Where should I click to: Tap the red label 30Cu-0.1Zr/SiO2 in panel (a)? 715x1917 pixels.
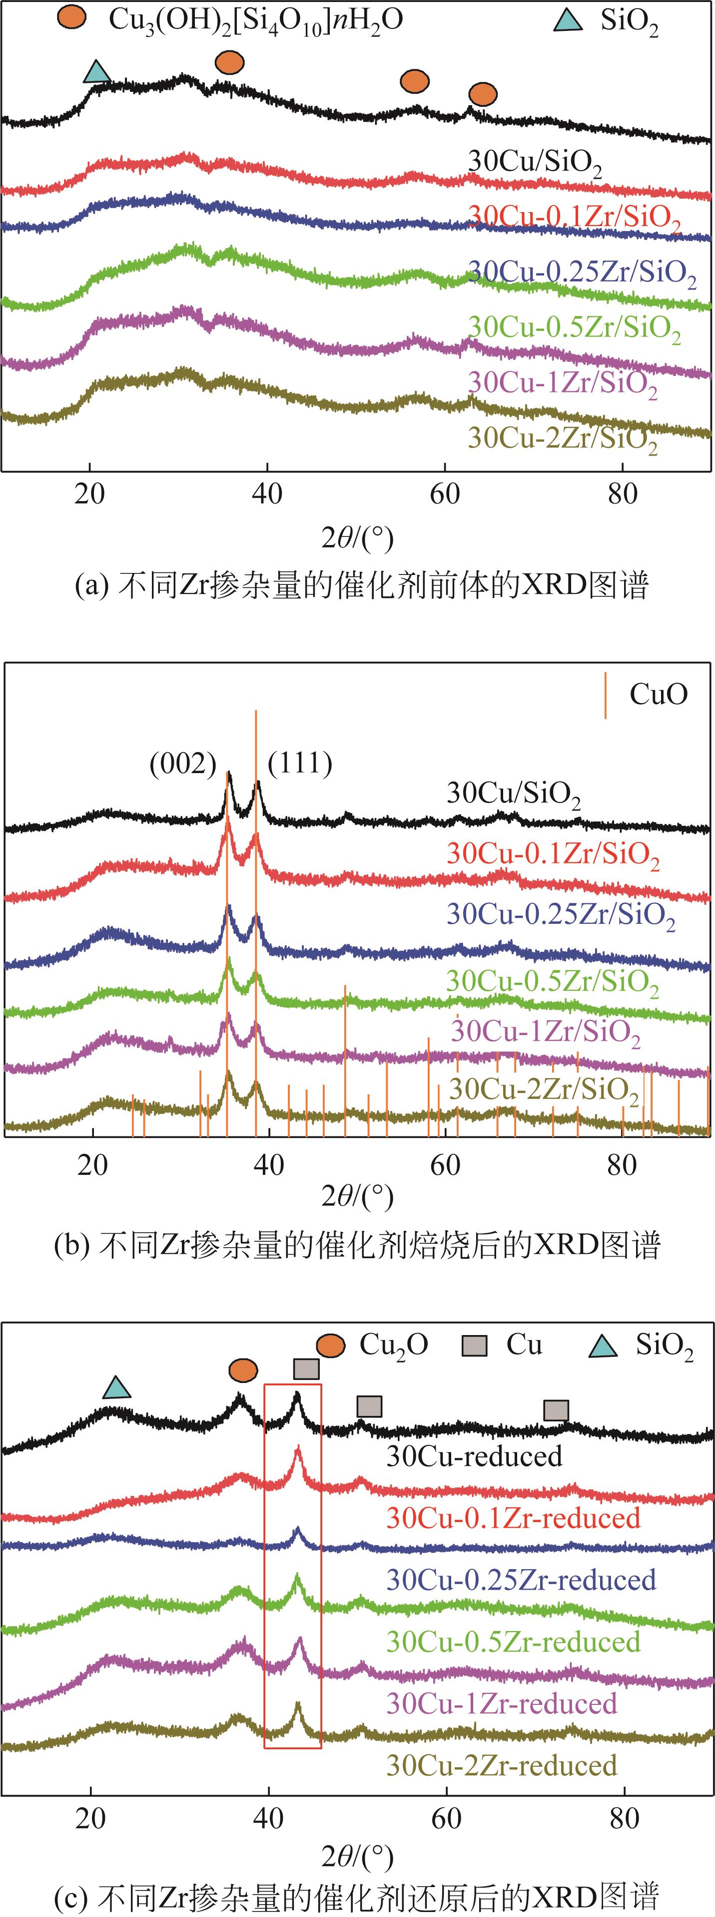pos(574,217)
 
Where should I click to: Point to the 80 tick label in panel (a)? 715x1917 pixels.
pos(623,494)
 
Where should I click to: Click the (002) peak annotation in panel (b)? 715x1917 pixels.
pos(182,764)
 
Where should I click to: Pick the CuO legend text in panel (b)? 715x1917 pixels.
pos(659,694)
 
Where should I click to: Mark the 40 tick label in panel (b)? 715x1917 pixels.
pos(268,1165)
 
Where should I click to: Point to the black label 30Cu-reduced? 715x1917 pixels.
pos(474,1456)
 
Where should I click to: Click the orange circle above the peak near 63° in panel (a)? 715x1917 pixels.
pos(483,94)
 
